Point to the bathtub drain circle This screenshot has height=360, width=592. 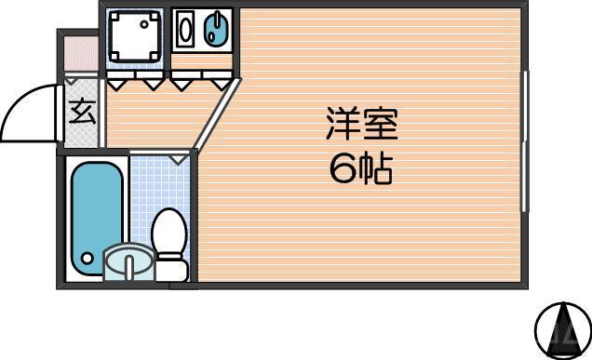(87, 259)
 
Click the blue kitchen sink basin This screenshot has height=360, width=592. (217, 30)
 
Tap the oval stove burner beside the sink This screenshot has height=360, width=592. (184, 29)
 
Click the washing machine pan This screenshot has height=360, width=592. (134, 37)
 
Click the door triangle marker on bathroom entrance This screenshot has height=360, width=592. (180, 160)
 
